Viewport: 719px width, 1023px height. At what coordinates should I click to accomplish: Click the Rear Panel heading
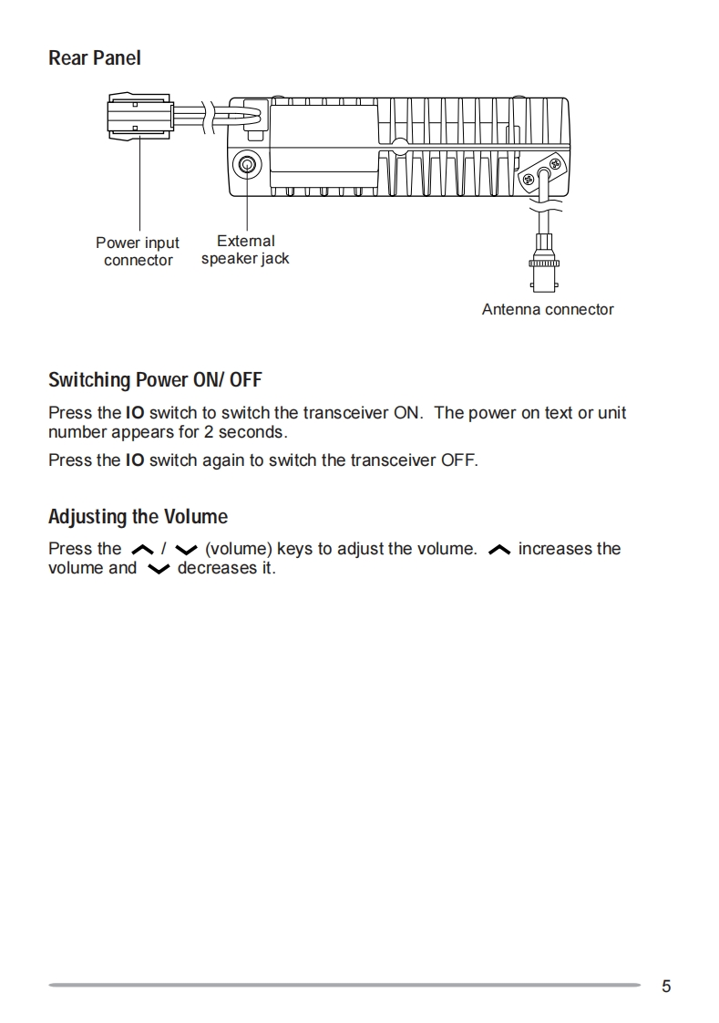[x=94, y=58]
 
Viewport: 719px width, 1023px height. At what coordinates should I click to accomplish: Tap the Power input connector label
[x=138, y=252]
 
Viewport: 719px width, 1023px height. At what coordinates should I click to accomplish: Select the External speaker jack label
[x=245, y=250]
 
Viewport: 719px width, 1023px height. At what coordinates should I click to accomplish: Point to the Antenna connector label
[x=548, y=310]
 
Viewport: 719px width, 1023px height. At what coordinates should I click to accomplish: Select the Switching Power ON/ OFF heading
[x=155, y=379]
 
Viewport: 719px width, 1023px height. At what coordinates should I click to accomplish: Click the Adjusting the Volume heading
[x=138, y=517]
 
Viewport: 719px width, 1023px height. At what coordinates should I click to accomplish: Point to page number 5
[x=666, y=986]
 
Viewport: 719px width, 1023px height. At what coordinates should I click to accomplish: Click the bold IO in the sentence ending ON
[x=135, y=413]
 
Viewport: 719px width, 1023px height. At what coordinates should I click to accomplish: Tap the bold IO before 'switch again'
[x=135, y=460]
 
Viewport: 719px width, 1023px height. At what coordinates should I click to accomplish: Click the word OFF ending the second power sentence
[x=458, y=460]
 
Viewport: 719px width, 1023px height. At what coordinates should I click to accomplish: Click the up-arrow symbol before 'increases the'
[x=498, y=550]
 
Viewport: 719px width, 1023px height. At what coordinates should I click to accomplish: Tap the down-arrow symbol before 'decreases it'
[x=158, y=570]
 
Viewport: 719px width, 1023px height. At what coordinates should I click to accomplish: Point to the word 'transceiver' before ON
[x=344, y=413]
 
